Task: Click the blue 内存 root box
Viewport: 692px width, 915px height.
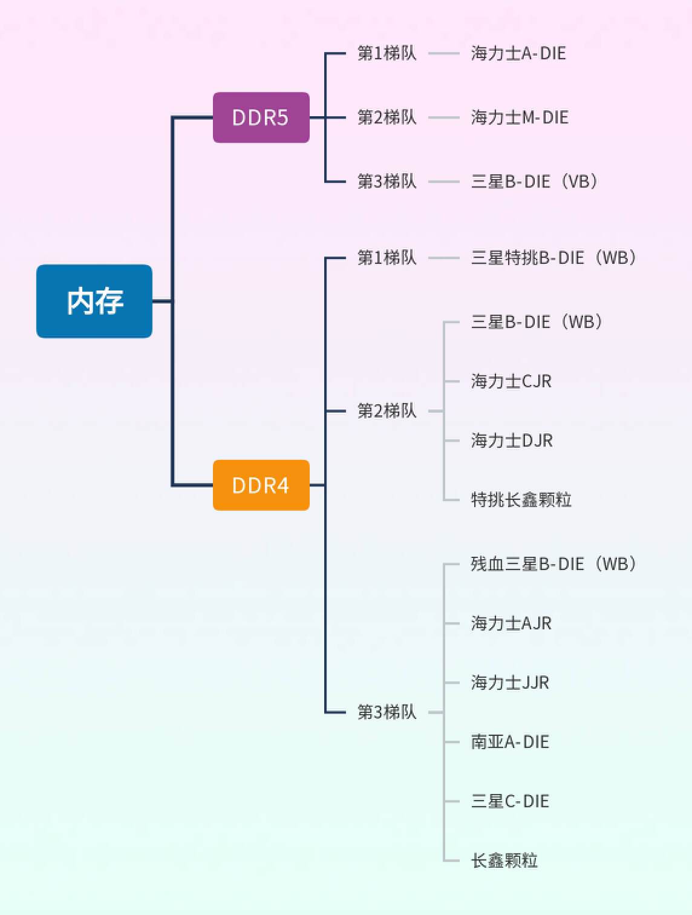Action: click(94, 301)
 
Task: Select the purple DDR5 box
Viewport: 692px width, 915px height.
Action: click(261, 117)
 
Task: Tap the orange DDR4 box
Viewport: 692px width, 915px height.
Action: click(261, 485)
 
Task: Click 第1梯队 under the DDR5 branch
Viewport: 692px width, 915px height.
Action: click(387, 53)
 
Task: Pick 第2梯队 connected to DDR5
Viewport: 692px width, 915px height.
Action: click(387, 117)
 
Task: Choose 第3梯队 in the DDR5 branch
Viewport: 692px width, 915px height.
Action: click(387, 181)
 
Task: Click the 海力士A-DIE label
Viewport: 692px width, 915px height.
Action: click(518, 53)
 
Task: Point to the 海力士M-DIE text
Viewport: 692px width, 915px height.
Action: click(520, 117)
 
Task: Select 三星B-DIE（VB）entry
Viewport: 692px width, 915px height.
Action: click(534, 181)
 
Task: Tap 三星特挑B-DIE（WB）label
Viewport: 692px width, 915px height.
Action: click(553, 258)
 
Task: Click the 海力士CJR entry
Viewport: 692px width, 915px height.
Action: click(511, 381)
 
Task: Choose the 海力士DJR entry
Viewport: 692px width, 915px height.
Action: click(512, 441)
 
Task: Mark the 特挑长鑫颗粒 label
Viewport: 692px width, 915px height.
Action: click(521, 500)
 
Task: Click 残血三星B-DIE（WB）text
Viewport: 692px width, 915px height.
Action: click(553, 564)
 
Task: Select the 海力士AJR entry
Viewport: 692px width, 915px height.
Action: click(511, 623)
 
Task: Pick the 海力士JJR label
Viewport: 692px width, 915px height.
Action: click(510, 683)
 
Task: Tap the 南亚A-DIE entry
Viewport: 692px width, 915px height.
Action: click(510, 742)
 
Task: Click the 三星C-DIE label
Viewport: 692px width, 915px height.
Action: click(510, 801)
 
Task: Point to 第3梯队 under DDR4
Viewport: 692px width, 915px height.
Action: click(387, 712)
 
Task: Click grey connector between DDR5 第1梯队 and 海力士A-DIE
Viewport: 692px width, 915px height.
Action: click(444, 53)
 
